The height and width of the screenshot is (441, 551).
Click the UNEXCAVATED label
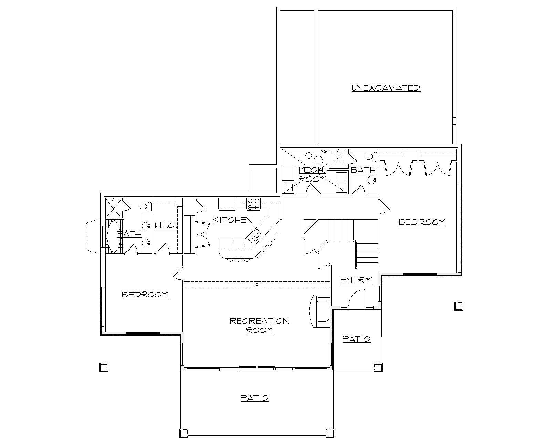(386, 88)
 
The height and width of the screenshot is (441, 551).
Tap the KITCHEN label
(232, 220)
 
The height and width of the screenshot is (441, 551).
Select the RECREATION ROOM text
(259, 326)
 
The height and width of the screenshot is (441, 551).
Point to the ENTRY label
(356, 280)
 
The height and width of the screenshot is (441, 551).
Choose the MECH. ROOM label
(312, 174)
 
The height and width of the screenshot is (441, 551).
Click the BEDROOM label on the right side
(422, 222)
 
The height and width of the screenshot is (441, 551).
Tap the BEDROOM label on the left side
(145, 294)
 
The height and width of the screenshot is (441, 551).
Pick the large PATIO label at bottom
(254, 398)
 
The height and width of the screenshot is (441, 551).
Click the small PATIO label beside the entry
(356, 339)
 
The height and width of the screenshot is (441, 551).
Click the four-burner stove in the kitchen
(253, 204)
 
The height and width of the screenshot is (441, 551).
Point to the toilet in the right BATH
(369, 157)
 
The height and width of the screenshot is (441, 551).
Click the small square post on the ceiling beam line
(257, 284)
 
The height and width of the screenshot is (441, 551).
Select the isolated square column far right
(458, 306)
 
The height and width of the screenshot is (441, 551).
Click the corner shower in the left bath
(114, 207)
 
